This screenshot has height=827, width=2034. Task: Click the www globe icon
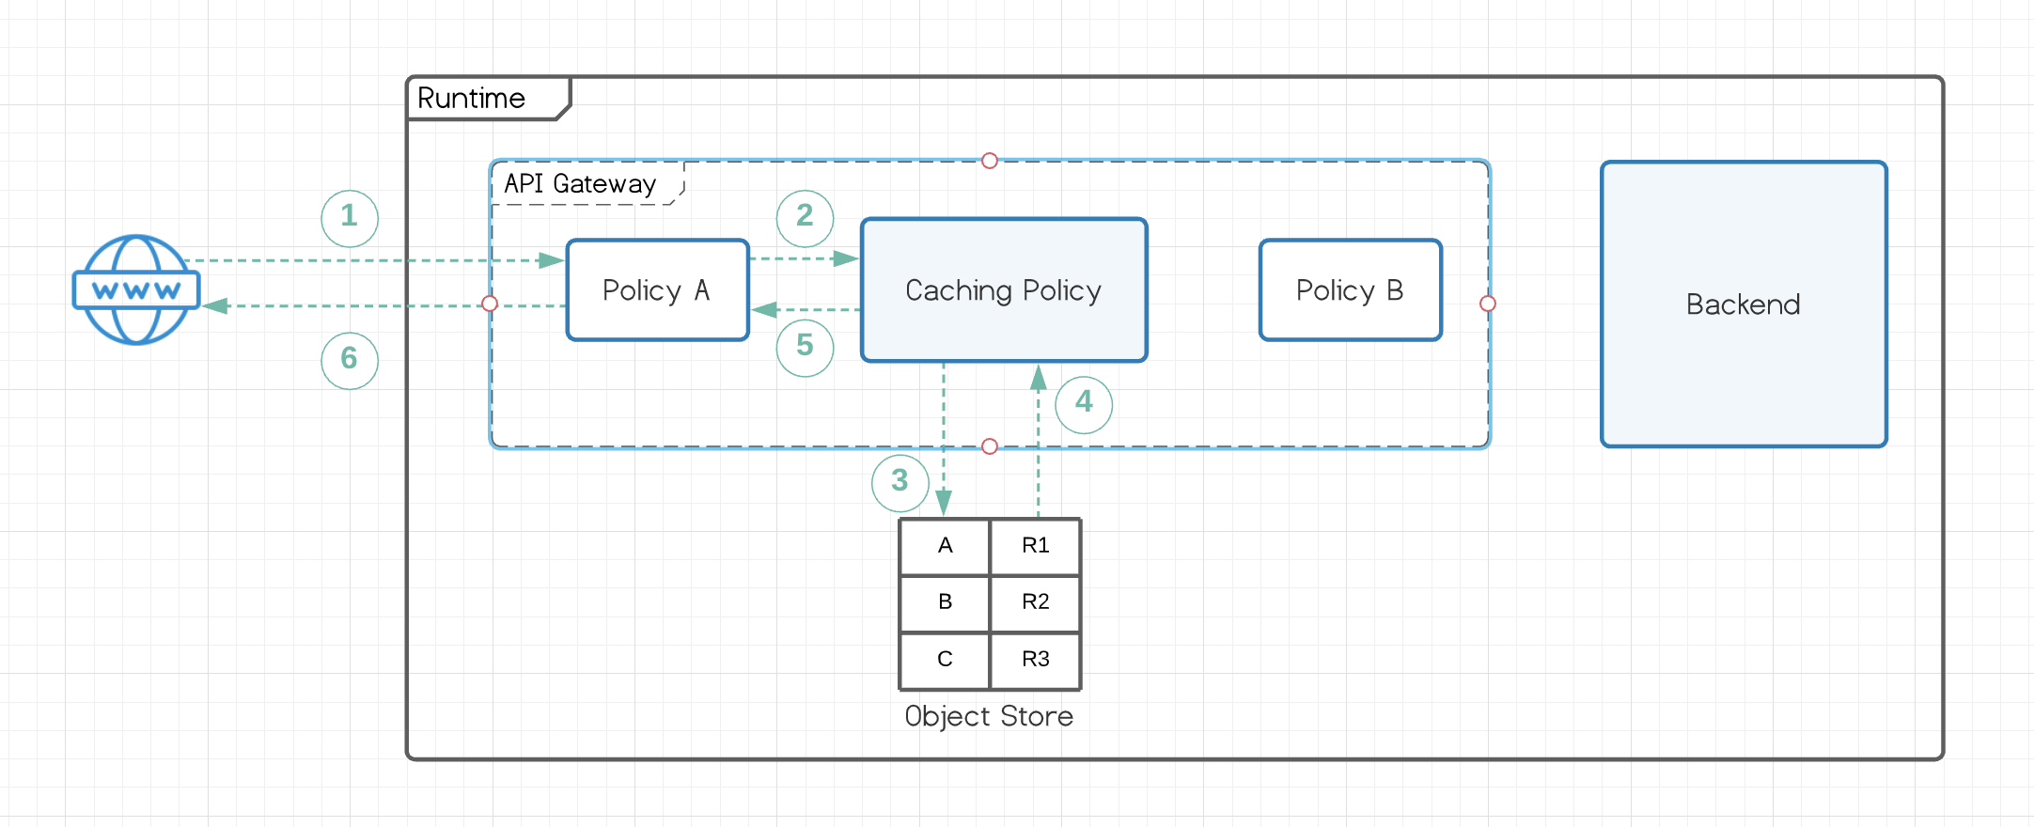pyautogui.click(x=136, y=289)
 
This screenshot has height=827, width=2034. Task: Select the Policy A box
pyautogui.click(x=657, y=289)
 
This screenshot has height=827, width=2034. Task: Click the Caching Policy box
pyautogui.click(x=1004, y=289)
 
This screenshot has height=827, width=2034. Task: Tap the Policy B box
pyautogui.click(x=1350, y=289)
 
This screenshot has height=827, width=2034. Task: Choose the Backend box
pyautogui.click(x=1744, y=304)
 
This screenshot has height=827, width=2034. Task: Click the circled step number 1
pyautogui.click(x=350, y=217)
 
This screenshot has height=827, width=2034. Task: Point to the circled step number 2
pyautogui.click(x=805, y=217)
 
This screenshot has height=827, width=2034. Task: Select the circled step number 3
pyautogui.click(x=900, y=482)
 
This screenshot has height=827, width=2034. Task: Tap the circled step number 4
pyautogui.click(x=1084, y=403)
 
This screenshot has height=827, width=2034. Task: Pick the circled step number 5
pyautogui.click(x=805, y=347)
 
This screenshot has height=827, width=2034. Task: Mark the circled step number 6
pyautogui.click(x=350, y=359)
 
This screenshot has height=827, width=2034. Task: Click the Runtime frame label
pyautogui.click(x=472, y=99)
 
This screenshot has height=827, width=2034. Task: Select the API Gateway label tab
pyautogui.click(x=580, y=183)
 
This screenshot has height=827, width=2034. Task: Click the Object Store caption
pyautogui.click(x=989, y=716)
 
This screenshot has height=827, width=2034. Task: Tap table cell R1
pyautogui.click(x=1035, y=546)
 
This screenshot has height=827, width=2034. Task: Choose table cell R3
pyautogui.click(x=1035, y=659)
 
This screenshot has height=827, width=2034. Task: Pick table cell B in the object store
pyautogui.click(x=945, y=602)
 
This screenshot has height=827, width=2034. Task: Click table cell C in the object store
pyautogui.click(x=945, y=659)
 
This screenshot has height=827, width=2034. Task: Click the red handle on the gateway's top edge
pyautogui.click(x=989, y=161)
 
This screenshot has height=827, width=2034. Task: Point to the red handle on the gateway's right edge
pyautogui.click(x=1487, y=304)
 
